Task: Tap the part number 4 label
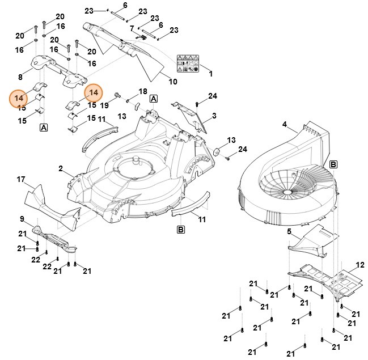pos(285,124)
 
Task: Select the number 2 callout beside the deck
pos(60,168)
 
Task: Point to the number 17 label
pos(21,180)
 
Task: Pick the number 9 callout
pos(22,219)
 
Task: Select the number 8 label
pos(20,77)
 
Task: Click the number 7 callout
pos(132,28)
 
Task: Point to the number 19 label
pos(105,105)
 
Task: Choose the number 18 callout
pos(142,92)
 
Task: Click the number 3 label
pos(214,116)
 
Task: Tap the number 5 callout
pos(289,231)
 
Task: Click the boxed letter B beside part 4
pos(333,164)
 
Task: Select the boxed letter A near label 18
pos(153,99)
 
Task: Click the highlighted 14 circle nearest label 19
pos(94,93)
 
